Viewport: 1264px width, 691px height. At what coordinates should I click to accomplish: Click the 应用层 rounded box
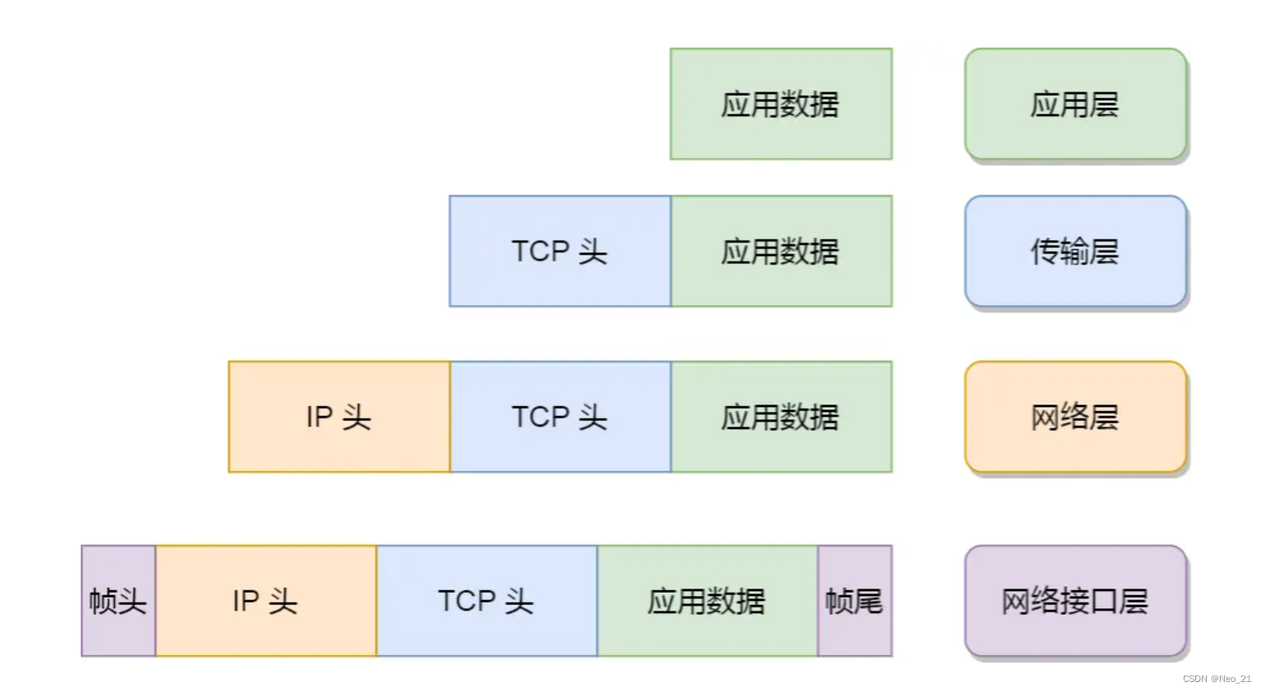point(1075,104)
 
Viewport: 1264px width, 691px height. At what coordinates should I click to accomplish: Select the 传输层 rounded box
point(1075,251)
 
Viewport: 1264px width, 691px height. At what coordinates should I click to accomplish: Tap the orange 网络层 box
point(1075,417)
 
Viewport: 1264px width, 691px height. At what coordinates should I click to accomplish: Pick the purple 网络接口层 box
point(1075,601)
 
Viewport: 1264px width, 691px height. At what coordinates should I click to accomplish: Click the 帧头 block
point(118,601)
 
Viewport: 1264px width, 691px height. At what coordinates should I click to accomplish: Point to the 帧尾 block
point(854,601)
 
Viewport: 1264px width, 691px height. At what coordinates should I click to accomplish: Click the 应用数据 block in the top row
point(780,104)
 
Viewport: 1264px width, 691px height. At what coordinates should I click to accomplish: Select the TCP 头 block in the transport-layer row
point(560,251)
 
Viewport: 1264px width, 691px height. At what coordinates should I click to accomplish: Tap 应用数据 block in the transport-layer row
point(780,251)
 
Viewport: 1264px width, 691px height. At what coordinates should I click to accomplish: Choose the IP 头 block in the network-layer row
point(339,417)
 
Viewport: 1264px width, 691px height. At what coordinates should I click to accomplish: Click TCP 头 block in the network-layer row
point(560,417)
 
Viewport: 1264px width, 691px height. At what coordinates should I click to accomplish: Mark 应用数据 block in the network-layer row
point(780,417)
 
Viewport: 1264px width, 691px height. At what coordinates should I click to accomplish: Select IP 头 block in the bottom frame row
point(265,601)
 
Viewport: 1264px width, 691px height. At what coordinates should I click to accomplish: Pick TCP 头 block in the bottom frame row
point(486,601)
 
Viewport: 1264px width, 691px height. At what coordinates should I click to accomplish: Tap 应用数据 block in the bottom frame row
point(707,601)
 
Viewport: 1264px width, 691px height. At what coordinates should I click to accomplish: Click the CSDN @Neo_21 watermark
point(1217,679)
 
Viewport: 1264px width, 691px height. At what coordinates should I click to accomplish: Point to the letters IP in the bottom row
point(245,601)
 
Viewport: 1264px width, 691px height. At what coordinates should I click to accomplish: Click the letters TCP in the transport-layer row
point(540,251)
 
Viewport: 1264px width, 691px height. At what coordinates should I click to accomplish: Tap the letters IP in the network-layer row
point(319,417)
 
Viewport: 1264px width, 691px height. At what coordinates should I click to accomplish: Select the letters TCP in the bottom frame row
point(466,601)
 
